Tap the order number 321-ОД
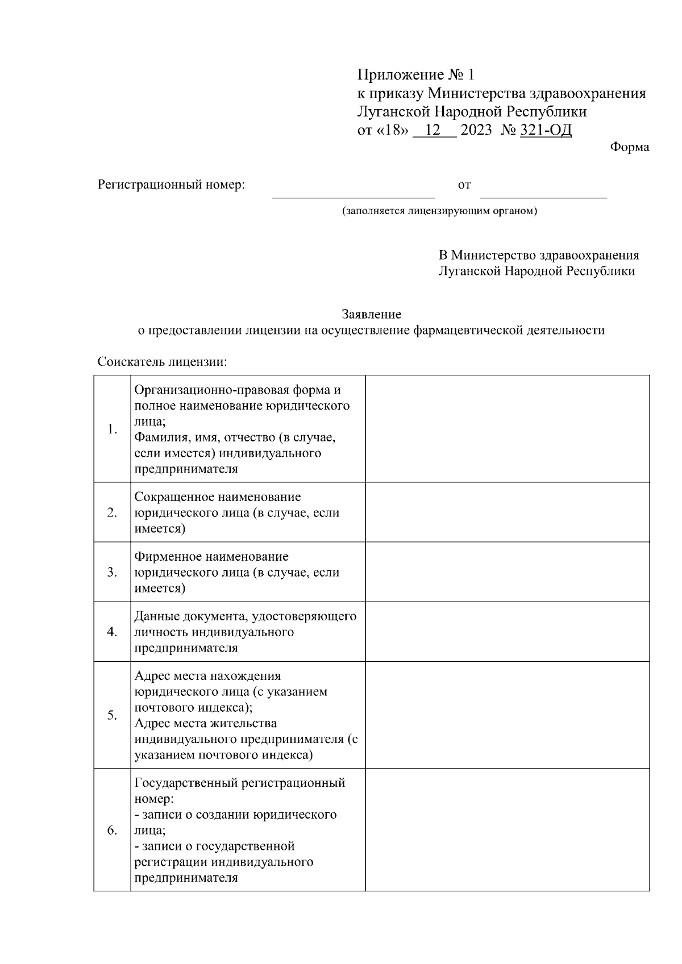tap(546, 130)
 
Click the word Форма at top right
tap(630, 147)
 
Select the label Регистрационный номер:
tap(171, 185)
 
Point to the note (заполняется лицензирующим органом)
tap(439, 211)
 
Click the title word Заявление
tap(371, 314)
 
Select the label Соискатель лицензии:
tap(163, 362)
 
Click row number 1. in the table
tap(112, 429)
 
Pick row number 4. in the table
tap(112, 632)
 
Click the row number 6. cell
tap(112, 830)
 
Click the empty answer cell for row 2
tap(507, 512)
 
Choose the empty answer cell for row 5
tap(507, 715)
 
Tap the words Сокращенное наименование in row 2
tap(218, 497)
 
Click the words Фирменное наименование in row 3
tap(211, 557)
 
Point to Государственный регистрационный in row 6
tap(240, 783)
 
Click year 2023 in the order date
tap(476, 130)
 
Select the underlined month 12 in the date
tap(433, 130)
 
